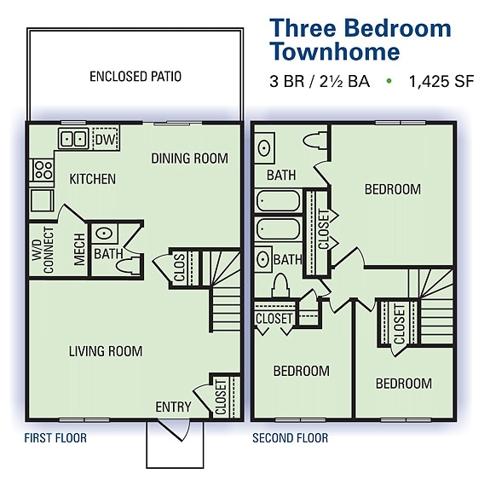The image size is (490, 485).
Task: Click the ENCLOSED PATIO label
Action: pos(135,77)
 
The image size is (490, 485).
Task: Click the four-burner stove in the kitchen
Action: pos(41,170)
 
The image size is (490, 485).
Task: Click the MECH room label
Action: pos(79,249)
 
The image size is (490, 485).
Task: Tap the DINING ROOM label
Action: pos(189,158)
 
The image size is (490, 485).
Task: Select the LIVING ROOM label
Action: pos(107,351)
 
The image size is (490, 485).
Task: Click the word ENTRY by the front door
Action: pos(173,407)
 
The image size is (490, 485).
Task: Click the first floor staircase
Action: pos(225,290)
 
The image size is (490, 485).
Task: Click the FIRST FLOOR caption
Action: pos(56,438)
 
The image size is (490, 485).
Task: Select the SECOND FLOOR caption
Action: pos(290,438)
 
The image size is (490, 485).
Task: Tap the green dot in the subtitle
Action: pos(389,82)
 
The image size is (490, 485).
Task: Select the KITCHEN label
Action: pos(92,179)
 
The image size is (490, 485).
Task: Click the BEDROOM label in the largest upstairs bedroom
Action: pos(392,189)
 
